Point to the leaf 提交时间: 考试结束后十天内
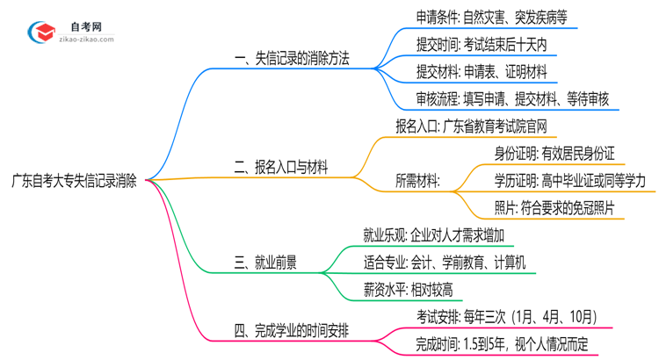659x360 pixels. point(485,43)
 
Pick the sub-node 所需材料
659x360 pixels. point(419,180)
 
